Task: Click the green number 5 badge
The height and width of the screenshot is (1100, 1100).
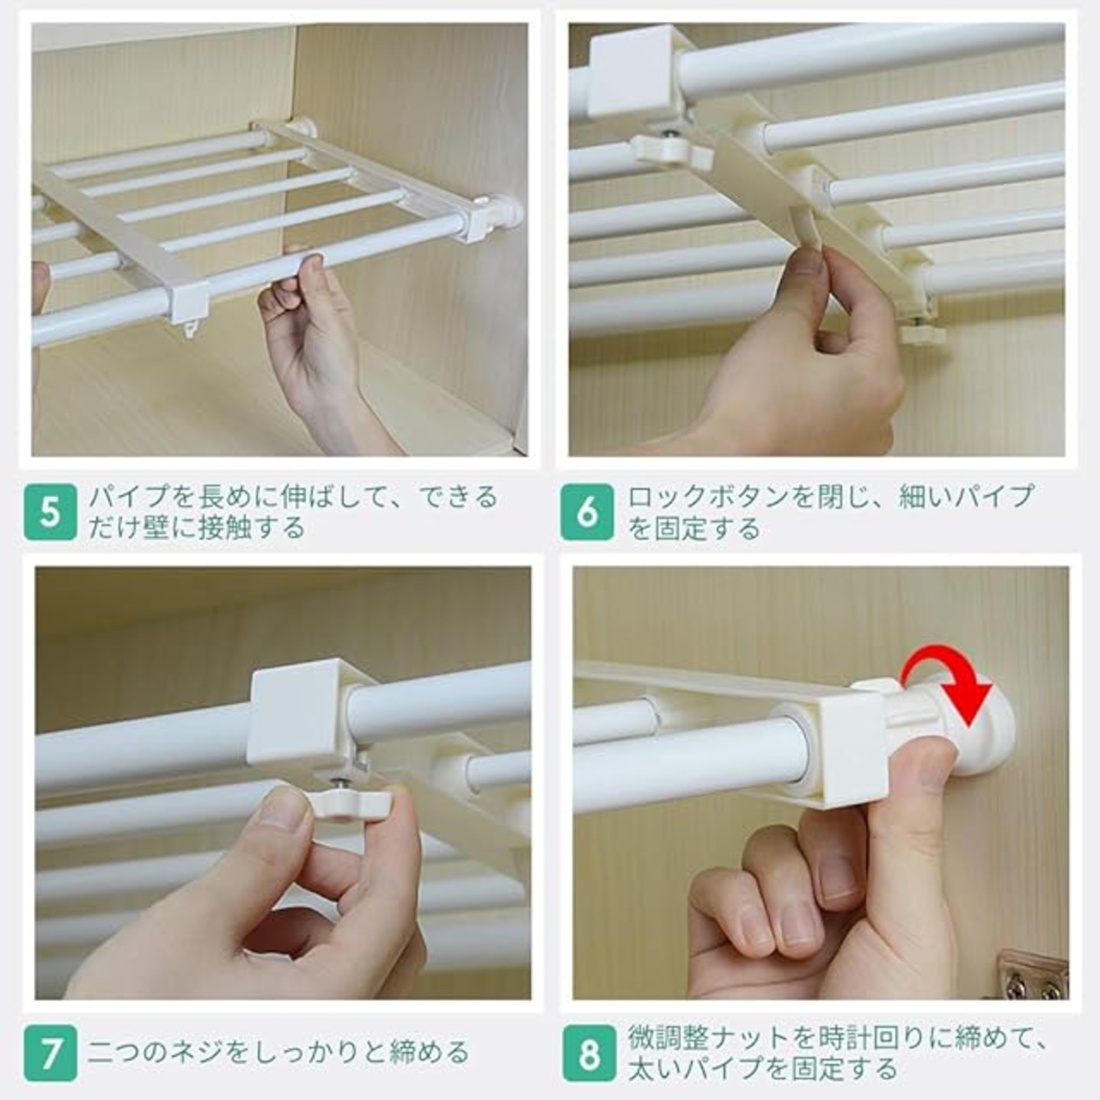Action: [50, 512]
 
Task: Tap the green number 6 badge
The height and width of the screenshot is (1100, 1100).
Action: [588, 512]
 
